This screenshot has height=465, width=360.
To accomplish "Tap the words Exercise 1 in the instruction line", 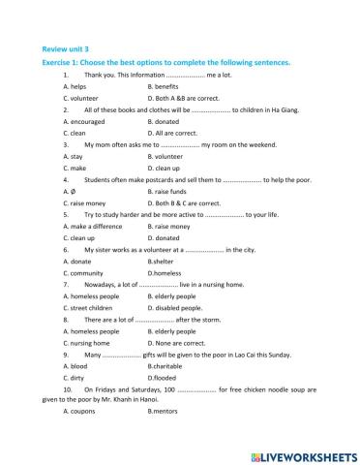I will (61, 63).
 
